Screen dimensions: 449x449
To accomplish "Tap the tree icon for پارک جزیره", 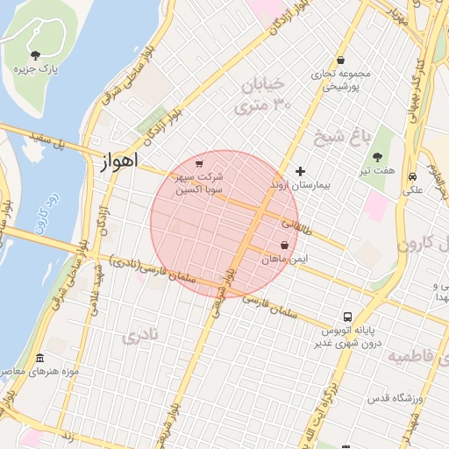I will pyautogui.click(x=35, y=56).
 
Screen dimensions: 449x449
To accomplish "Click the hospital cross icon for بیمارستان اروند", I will pyautogui.click(x=300, y=171).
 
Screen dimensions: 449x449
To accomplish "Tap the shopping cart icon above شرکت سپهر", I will pyautogui.click(x=200, y=163).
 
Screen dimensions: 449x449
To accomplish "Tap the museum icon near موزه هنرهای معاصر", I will pyautogui.click(x=39, y=358).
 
